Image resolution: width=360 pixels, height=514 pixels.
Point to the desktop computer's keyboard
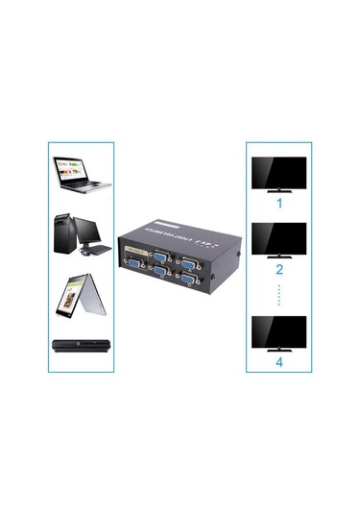pos(96,252)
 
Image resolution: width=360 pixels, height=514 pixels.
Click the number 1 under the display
pos(279,204)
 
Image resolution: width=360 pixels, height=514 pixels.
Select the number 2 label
pos(279,270)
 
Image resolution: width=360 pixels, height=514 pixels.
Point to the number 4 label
pos(279,362)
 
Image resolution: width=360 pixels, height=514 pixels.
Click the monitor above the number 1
pos(278,174)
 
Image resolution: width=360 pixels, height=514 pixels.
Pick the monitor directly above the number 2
pos(278,239)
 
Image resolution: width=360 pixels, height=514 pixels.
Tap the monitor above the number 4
pos(278,332)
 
